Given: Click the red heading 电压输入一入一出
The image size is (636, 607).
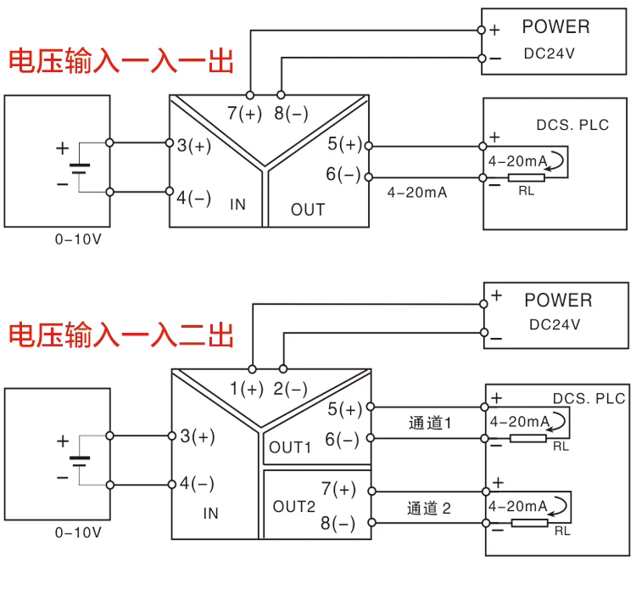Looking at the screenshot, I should coord(120,61).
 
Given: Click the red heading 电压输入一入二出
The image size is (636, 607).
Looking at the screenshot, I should coord(120,334).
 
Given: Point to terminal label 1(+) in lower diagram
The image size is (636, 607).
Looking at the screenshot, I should coord(247,390).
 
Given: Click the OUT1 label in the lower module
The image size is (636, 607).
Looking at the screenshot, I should coord(291,447).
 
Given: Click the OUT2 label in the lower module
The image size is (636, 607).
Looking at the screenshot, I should coord(293,507).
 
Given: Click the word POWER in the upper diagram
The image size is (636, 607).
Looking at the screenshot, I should coord(555,27).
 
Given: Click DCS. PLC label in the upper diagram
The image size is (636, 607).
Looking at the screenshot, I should coord(572,125).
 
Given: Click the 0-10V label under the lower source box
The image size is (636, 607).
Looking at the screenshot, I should coord(78,532).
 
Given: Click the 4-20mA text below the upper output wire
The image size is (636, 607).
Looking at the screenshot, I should coord(417,193).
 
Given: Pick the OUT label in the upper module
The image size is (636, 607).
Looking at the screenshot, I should coord(308,210).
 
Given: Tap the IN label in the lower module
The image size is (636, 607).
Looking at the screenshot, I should coord(211,513).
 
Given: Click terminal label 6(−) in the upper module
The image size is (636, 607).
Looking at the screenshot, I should coord(343,175).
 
